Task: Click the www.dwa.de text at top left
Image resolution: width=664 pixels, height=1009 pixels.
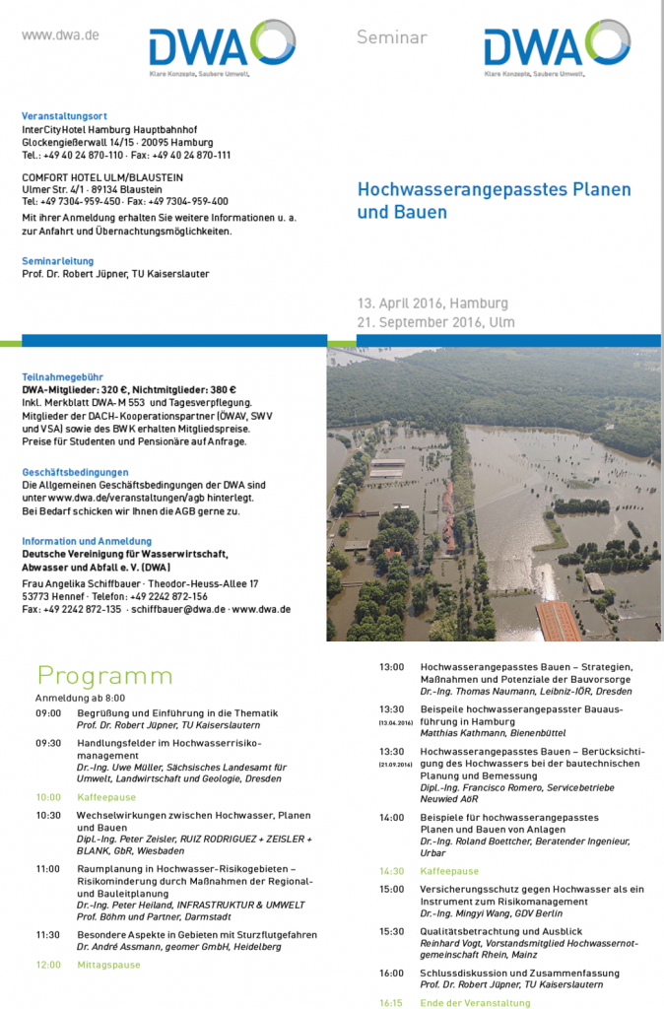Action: coord(60,35)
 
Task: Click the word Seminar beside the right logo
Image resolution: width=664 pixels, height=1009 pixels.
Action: coord(391,37)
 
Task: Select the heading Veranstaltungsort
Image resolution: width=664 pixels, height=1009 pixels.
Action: coord(71,116)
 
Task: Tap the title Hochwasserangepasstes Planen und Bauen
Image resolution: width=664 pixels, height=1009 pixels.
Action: coord(493,199)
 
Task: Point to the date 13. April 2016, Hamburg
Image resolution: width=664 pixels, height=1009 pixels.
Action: coord(432,303)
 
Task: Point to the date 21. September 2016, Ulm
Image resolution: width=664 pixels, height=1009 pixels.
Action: coord(435,322)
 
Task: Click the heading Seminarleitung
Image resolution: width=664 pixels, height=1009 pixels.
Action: coord(58,261)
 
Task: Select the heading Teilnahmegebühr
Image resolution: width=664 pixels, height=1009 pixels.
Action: coord(62,376)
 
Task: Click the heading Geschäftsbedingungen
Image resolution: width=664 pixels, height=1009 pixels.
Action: coord(75,472)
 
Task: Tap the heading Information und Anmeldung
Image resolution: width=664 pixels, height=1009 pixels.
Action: coord(87,541)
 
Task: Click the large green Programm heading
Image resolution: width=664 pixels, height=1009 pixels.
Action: coord(104,676)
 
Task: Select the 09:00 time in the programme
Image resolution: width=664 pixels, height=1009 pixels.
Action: coord(48,712)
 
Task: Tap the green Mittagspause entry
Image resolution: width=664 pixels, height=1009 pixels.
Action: coord(108,965)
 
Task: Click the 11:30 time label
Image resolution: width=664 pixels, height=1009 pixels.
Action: coord(48,934)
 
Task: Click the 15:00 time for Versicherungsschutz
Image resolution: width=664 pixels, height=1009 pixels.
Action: coord(392,889)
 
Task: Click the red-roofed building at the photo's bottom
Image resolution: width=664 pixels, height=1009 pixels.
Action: coord(559,622)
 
